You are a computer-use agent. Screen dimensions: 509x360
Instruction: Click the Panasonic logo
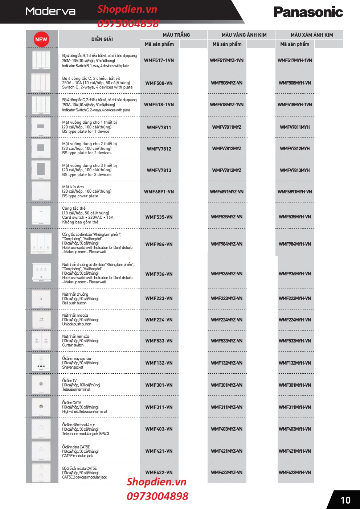[308, 12]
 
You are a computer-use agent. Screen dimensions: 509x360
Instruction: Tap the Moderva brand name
[50, 11]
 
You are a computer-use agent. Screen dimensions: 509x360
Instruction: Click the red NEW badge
[41, 39]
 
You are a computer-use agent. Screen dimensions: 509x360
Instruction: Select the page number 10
[345, 500]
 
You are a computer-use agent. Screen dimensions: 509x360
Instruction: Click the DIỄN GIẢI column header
[102, 39]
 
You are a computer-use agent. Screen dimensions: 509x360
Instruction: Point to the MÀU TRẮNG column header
[176, 35]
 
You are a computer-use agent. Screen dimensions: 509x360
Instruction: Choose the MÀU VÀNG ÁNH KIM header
[244, 35]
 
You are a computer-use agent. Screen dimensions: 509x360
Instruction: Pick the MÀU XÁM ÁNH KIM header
[311, 35]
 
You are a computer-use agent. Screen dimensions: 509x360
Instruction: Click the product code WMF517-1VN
[159, 61]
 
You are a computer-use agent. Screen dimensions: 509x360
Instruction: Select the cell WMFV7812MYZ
[227, 149]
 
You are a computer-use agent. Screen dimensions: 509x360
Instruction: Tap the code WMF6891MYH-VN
[295, 192]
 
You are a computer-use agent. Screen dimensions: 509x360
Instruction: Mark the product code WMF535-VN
[159, 217]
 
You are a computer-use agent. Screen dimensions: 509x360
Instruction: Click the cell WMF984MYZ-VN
[227, 244]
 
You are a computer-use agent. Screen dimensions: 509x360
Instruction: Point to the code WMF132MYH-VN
[295, 363]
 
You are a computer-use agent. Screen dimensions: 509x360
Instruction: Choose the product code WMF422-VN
[159, 473]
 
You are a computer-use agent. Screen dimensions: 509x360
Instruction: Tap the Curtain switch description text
[73, 345]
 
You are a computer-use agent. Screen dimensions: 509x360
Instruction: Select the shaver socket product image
[41, 363]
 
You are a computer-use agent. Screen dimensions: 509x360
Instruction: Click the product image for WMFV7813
[41, 170]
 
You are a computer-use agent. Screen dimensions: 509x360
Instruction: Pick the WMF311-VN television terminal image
[41, 407]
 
